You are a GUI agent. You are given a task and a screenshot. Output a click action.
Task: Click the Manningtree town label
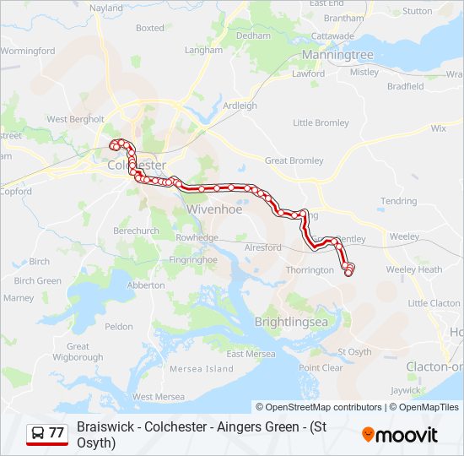(337, 55)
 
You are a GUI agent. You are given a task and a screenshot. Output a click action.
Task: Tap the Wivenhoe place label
(214, 209)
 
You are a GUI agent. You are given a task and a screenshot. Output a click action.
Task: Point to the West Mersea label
(159, 396)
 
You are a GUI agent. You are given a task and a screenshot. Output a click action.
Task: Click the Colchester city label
(137, 166)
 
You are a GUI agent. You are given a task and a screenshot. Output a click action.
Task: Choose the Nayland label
(105, 8)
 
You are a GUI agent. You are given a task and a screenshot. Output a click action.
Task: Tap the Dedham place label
(253, 36)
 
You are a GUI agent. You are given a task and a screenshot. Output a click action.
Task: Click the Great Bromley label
(294, 160)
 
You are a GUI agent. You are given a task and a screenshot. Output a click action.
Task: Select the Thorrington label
(310, 270)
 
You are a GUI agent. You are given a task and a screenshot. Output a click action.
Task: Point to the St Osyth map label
(354, 351)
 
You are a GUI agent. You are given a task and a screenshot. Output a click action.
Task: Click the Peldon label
(119, 326)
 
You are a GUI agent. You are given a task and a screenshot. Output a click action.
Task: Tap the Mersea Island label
(202, 369)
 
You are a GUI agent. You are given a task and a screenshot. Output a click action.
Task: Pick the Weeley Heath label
(413, 269)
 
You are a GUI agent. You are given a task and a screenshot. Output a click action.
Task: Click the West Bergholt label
(75, 120)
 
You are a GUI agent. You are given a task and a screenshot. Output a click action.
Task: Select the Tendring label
(398, 201)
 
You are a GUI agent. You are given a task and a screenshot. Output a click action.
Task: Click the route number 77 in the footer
(57, 433)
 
